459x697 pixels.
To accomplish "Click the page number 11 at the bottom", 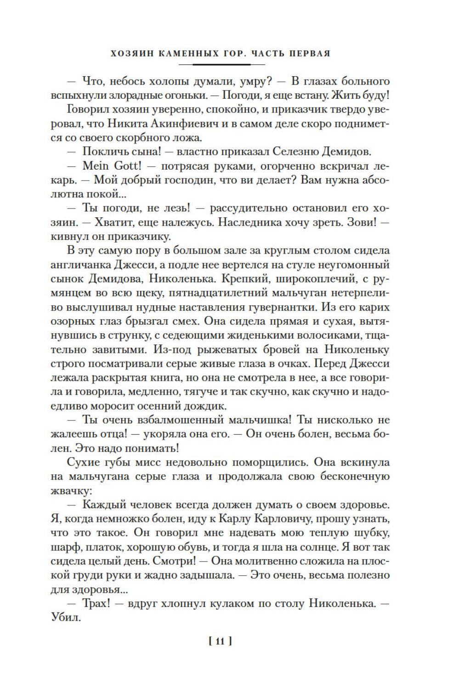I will point(220,641).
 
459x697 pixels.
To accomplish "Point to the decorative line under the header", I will point(221,64).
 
